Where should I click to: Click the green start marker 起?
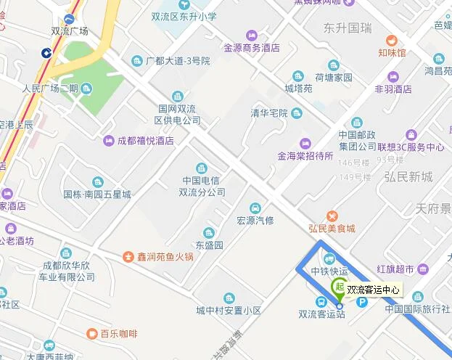338,287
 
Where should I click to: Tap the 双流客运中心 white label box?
374,290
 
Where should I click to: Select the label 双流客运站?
321,314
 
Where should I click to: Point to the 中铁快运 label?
329,271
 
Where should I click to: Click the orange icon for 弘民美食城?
332,216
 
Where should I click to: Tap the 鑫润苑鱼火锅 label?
166,256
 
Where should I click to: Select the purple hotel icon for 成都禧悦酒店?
109,140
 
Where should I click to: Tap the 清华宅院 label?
270,112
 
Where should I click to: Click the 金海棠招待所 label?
305,155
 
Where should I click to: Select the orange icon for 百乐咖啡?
92,334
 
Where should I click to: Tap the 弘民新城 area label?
408,177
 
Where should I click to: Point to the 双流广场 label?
70,31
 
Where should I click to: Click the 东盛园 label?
209,245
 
